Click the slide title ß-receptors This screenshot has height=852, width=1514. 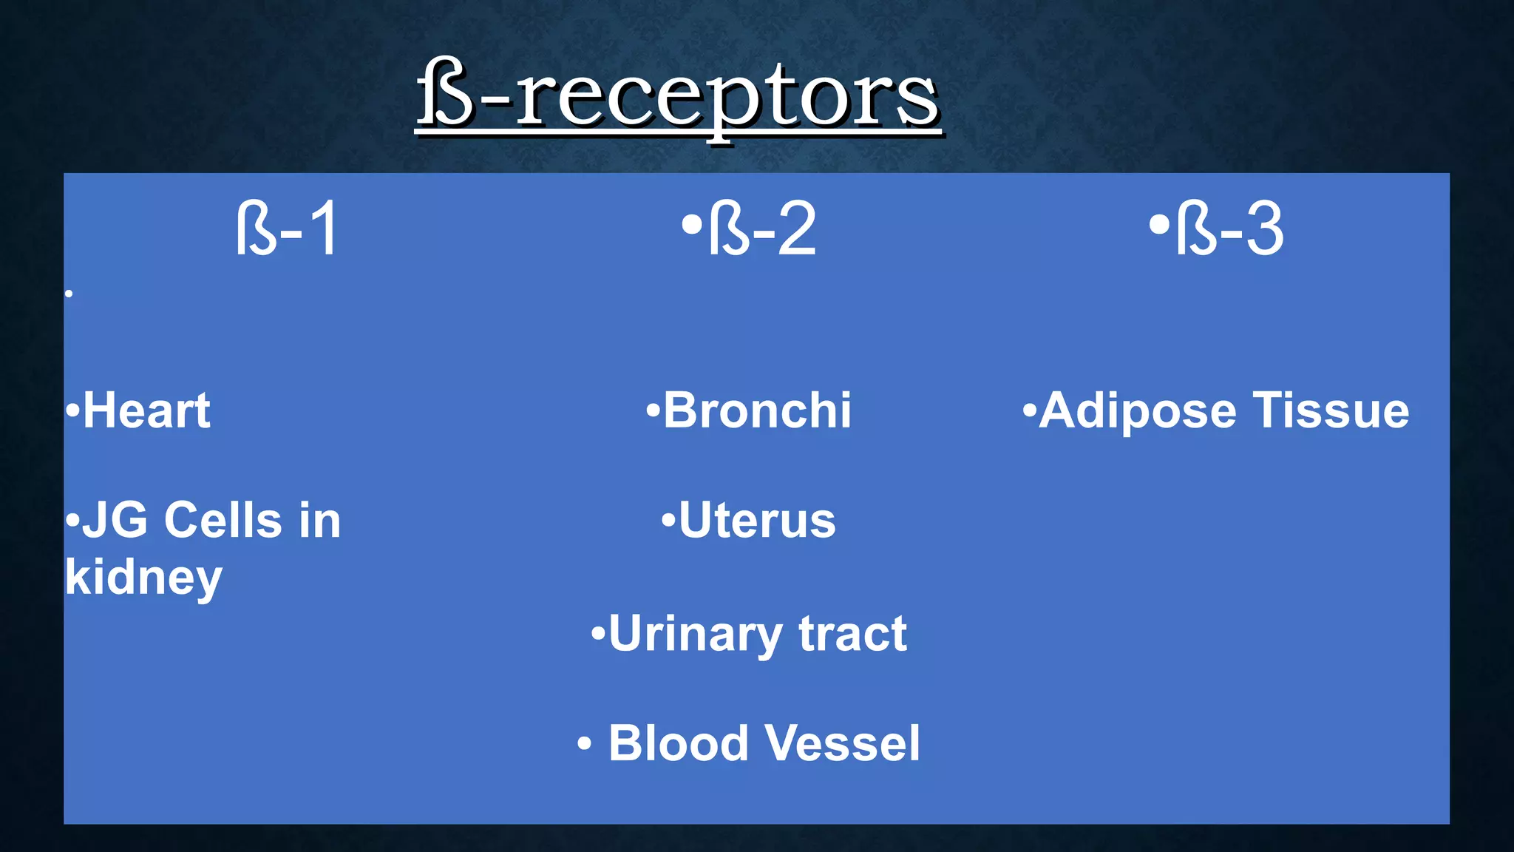pos(677,96)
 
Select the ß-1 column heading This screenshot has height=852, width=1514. pos(287,229)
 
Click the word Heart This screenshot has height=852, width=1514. pos(146,410)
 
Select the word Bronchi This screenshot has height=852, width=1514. pos(757,410)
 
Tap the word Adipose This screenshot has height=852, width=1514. pos(1137,410)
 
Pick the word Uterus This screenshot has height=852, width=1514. pos(757,521)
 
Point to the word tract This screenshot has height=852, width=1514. pos(852,635)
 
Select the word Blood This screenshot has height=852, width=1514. pos(678,743)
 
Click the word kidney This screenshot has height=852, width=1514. pos(143,578)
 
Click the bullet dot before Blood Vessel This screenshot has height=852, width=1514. pos(584,744)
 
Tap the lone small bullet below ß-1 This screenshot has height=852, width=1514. pos(69,294)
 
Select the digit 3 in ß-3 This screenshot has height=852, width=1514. pos(1264,229)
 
